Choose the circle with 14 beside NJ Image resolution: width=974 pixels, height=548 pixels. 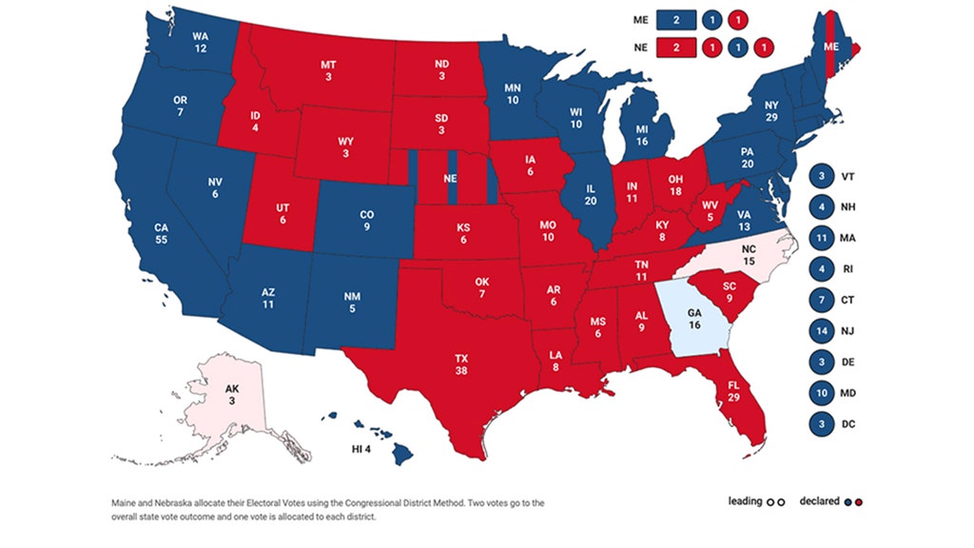[x=819, y=332]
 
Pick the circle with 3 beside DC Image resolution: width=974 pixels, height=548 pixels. [x=819, y=423]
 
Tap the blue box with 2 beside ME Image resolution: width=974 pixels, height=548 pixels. [x=676, y=19]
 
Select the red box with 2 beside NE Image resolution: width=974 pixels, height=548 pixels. [x=676, y=46]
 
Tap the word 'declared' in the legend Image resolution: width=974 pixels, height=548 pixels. [x=817, y=501]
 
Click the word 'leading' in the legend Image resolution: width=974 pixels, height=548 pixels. [x=746, y=501]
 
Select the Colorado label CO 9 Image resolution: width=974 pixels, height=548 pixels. [x=365, y=221]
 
